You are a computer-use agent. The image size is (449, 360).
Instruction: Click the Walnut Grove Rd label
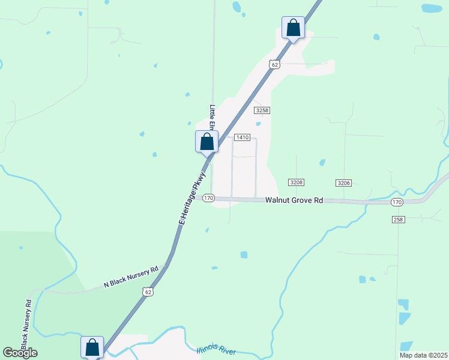[x=294, y=200]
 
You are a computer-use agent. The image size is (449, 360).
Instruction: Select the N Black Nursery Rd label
[x=131, y=277]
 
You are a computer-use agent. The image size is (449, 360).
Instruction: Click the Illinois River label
[x=216, y=350]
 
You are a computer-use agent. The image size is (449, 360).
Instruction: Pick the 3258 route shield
[x=261, y=110]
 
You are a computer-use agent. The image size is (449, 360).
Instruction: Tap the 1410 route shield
[x=242, y=137]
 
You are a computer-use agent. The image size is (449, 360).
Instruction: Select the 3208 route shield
[x=295, y=182]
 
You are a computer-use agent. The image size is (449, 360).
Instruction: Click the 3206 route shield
[x=343, y=182]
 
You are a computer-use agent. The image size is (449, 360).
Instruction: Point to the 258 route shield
[x=399, y=220]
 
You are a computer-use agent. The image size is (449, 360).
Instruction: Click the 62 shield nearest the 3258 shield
[x=274, y=64]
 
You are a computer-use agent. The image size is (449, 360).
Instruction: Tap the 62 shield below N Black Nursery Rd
[x=148, y=292]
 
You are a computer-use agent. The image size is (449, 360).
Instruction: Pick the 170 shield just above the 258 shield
[x=396, y=202]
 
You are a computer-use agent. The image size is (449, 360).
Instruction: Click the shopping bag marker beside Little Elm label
[x=207, y=142]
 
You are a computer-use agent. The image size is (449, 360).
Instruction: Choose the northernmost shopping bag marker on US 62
[x=293, y=28]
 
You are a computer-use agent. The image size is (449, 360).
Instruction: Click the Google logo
[x=20, y=353]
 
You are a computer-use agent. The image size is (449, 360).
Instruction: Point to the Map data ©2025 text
[x=423, y=355]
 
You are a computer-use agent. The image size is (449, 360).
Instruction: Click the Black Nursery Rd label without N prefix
[x=26, y=324]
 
